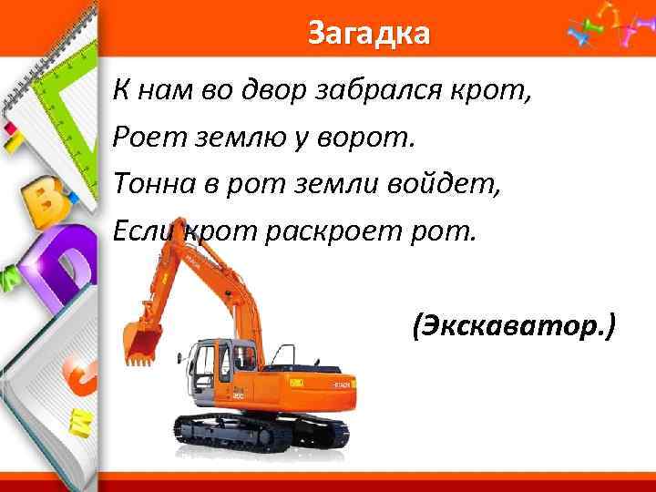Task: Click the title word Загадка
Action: pos(367,34)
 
